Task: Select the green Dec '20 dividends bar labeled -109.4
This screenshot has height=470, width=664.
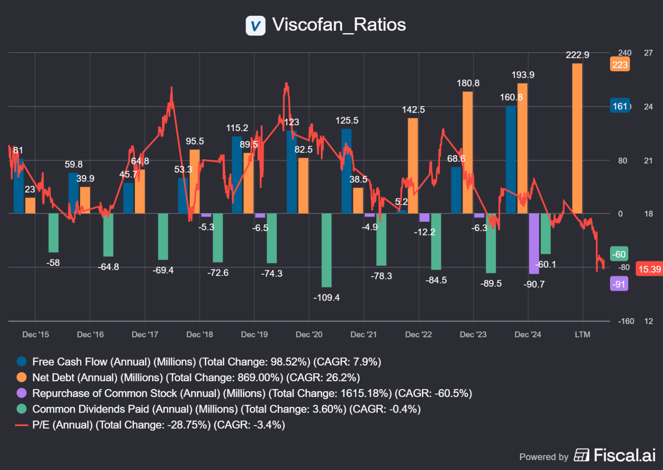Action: click(x=327, y=250)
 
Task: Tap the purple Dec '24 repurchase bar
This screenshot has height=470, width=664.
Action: click(x=534, y=244)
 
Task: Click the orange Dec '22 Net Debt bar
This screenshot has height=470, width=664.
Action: click(x=413, y=165)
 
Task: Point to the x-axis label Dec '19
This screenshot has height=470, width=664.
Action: click(x=254, y=334)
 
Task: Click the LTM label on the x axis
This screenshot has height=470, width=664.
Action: click(x=583, y=334)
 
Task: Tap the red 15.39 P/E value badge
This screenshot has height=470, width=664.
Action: click(x=649, y=269)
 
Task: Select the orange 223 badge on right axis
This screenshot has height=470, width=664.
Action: click(x=620, y=65)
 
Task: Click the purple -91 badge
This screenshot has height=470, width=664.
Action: click(x=619, y=284)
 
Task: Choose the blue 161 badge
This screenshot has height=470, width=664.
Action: click(x=620, y=106)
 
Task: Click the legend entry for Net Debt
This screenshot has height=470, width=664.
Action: click(x=196, y=377)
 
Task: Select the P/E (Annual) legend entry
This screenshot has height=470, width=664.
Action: click(x=158, y=425)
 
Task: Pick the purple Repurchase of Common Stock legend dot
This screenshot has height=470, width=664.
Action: click(x=21, y=393)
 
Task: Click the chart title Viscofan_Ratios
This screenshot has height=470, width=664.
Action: click(x=339, y=25)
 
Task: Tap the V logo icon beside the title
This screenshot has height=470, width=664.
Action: click(x=256, y=26)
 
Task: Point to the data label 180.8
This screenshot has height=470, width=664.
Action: click(x=468, y=83)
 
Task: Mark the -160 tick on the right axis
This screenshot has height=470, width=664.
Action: click(x=626, y=321)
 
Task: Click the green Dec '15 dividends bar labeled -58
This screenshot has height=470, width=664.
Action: click(x=54, y=233)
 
